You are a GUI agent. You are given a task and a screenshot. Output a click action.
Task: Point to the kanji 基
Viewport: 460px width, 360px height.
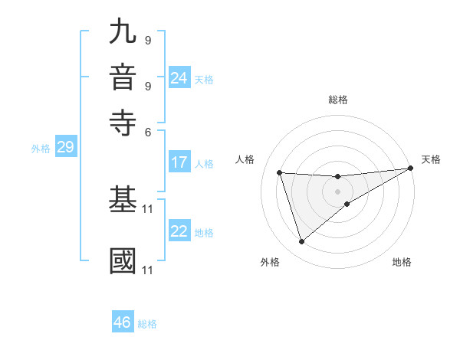[x=123, y=201]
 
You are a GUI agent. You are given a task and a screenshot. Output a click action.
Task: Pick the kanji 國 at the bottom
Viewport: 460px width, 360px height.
[x=123, y=260]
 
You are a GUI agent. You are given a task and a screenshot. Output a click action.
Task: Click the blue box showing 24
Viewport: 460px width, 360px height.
[x=179, y=78]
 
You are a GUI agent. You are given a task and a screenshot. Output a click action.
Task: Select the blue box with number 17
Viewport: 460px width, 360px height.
[x=179, y=162]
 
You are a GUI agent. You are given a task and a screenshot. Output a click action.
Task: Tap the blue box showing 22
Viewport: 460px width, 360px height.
[x=179, y=232]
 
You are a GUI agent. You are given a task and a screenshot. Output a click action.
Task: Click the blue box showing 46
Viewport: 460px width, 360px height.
[x=123, y=322]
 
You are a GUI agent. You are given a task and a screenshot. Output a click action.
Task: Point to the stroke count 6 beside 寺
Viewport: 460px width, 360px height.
[x=149, y=133]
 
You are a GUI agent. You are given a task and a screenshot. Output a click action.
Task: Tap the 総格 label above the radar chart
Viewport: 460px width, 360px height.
[x=337, y=100]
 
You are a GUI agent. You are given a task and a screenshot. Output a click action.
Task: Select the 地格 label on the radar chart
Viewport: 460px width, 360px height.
[x=402, y=262]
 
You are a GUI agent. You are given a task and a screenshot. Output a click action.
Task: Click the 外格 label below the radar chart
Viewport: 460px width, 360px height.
[x=270, y=262]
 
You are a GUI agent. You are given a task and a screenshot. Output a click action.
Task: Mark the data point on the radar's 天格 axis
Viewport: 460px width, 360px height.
[x=411, y=169]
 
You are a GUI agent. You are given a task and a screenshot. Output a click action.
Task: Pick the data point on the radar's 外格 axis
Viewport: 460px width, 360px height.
[x=301, y=242]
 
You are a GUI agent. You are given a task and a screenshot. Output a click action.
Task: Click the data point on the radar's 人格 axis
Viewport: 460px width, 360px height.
[x=280, y=172]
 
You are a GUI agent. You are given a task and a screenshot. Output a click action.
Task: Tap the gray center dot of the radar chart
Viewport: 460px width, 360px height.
[x=337, y=191]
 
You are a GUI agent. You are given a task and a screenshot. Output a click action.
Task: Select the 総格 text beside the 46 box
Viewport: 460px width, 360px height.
[x=147, y=324]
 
